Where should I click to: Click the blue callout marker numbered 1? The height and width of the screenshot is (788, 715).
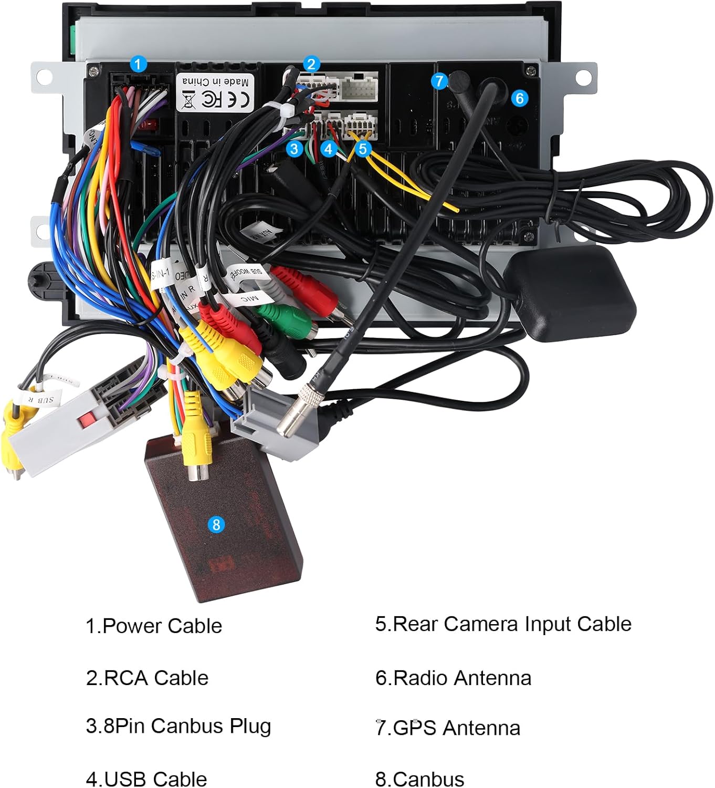[138, 65]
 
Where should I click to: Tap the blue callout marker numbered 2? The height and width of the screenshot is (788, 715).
[311, 64]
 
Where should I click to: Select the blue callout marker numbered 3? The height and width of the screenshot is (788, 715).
[295, 149]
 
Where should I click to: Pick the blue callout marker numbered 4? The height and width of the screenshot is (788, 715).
[329, 149]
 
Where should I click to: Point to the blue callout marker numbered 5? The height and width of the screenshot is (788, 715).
[363, 149]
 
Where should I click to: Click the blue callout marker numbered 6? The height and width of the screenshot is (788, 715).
[519, 98]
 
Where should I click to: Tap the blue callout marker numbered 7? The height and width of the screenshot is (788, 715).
[439, 81]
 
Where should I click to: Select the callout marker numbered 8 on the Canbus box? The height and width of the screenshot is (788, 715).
[216, 524]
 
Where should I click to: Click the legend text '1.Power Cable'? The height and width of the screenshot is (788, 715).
[154, 626]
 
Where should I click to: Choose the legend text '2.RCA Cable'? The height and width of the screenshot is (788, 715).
[147, 678]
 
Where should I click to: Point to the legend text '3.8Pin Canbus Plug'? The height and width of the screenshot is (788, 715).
[178, 726]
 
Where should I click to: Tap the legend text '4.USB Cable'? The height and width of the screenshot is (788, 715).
[146, 779]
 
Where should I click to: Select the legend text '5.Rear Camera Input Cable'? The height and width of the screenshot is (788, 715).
[503, 624]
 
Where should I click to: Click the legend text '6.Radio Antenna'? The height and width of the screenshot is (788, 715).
[453, 678]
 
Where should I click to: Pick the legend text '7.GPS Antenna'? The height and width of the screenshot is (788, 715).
[448, 728]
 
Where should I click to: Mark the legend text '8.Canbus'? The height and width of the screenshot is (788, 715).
[420, 779]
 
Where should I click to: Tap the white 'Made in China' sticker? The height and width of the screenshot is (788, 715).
[215, 92]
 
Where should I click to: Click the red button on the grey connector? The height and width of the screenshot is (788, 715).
[87, 419]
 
